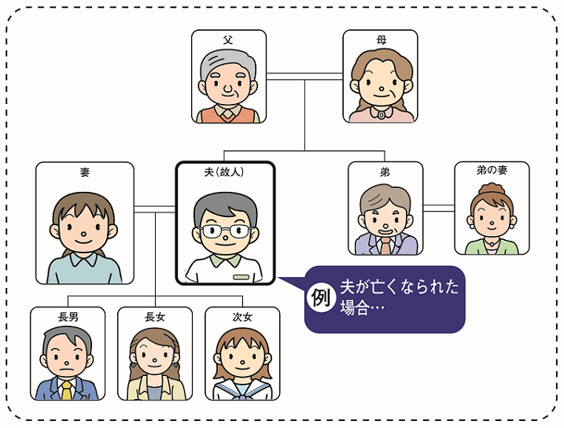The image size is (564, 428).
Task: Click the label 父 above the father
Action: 228,38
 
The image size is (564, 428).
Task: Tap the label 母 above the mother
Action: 381,38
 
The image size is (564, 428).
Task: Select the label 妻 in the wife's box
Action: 85,172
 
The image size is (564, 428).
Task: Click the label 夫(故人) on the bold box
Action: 225,172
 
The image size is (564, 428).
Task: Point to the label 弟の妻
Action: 492,170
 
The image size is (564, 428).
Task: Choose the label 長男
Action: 68,317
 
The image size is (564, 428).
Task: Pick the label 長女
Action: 155,317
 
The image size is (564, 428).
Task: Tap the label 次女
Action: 242,317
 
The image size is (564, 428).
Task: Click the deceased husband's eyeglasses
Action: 225,231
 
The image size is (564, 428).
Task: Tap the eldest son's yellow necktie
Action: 68,389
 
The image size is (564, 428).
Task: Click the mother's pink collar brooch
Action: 382,113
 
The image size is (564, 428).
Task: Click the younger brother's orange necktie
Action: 385,246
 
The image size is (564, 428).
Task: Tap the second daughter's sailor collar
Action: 242,389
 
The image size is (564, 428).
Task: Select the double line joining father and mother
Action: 304,76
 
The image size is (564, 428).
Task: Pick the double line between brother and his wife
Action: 438,208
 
